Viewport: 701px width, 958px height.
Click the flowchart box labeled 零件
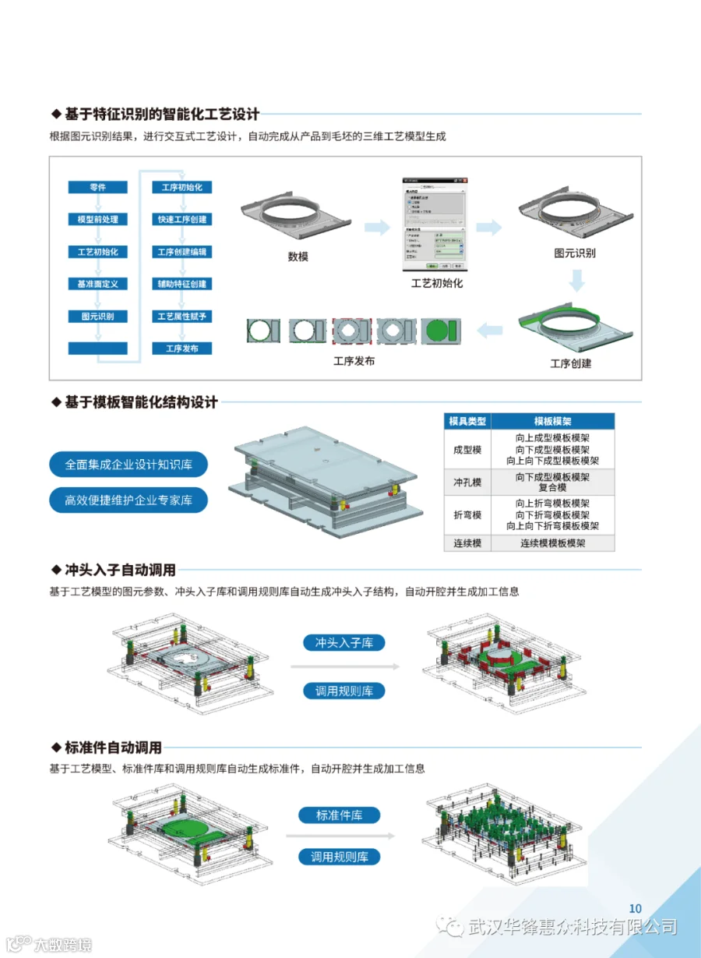click(x=97, y=187)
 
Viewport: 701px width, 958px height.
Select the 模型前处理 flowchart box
click(x=97, y=220)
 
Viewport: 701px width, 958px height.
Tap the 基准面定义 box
click(x=97, y=285)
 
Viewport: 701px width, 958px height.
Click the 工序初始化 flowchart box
click(x=181, y=187)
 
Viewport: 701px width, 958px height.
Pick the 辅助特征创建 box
click(x=181, y=285)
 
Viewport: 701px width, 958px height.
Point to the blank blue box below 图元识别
click(x=97, y=348)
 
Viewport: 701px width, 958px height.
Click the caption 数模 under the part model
click(x=298, y=256)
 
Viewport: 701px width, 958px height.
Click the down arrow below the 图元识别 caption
click(x=576, y=280)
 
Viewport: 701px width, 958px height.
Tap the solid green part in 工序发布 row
click(x=442, y=331)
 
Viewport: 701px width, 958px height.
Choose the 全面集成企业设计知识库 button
click(x=129, y=465)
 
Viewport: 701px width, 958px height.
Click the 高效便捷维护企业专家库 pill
click(x=129, y=500)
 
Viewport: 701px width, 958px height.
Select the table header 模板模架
click(x=553, y=421)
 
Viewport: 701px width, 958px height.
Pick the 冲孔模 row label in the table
click(x=467, y=483)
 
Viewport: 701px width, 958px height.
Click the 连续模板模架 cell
click(x=553, y=543)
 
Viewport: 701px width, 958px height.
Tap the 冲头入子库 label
click(x=344, y=642)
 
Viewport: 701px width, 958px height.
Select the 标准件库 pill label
click(x=340, y=815)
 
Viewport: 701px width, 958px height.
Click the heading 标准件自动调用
click(x=114, y=748)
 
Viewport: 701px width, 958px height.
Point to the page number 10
click(x=635, y=908)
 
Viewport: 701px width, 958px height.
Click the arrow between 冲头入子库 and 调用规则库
click(x=344, y=666)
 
